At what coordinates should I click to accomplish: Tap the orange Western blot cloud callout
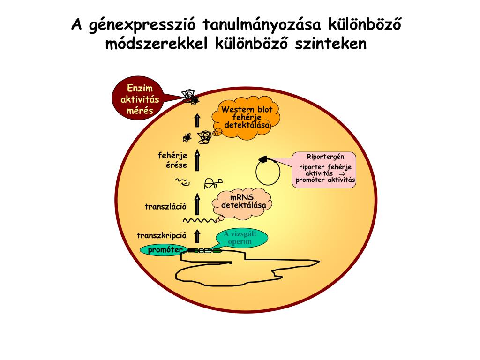pos(247,118)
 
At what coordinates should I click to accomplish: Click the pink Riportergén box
pos(325,169)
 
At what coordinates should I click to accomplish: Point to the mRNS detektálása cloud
pos(242,202)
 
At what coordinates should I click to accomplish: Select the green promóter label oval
pos(165,250)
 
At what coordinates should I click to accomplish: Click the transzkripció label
pos(162,235)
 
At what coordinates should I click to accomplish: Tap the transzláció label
pos(165,206)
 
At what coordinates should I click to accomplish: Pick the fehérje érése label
pos(172,160)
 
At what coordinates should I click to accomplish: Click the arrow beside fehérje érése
pos(197,159)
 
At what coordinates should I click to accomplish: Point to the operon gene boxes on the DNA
pos(205,251)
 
